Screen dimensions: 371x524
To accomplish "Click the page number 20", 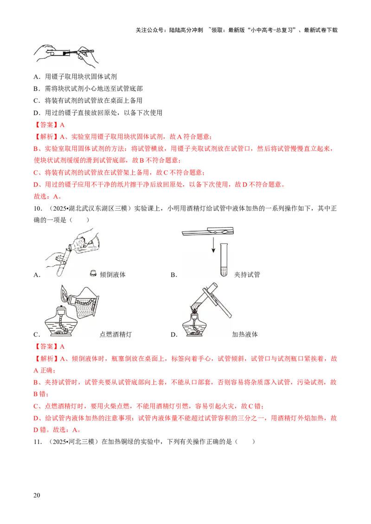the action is coord(37,495).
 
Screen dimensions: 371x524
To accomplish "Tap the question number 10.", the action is coord(38,208).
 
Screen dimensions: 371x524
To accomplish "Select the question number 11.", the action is coord(38,442).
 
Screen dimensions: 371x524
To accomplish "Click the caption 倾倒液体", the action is coord(113,274).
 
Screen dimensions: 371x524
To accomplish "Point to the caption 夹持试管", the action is coord(247,274).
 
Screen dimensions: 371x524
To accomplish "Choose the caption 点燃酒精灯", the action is coord(116,335).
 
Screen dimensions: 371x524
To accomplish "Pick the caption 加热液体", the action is coord(245,335).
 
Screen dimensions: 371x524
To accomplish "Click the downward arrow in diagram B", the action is coord(213,245).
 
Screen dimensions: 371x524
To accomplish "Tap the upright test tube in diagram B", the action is coord(224,260).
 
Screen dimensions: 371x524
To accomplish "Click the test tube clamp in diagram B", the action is coord(208,231).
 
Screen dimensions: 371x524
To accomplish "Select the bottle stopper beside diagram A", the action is coord(93,274).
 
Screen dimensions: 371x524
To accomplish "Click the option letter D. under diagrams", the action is coord(174,335).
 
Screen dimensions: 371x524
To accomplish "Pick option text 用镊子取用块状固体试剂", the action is coord(81,77).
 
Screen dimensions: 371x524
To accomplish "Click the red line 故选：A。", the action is coord(48,196).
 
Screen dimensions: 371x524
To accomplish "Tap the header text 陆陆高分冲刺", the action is coord(186,30).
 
